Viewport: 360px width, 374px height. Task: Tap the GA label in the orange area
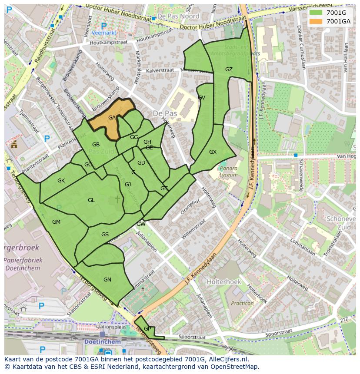(112, 118)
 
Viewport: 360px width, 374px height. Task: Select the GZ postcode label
(229, 70)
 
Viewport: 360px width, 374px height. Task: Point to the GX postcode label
(213, 152)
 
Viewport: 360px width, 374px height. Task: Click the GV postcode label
(201, 98)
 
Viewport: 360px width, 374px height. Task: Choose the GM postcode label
(56, 222)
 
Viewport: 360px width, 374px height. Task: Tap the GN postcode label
(107, 280)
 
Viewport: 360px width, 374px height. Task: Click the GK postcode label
(61, 181)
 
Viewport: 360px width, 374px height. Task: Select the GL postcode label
(91, 200)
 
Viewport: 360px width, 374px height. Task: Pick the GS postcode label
(105, 235)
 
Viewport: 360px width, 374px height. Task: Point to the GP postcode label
(147, 329)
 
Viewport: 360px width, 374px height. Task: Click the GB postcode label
(96, 145)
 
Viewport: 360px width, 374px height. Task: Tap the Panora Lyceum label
(229, 172)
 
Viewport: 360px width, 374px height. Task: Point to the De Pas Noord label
(178, 16)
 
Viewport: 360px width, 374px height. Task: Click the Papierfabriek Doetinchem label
(23, 264)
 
